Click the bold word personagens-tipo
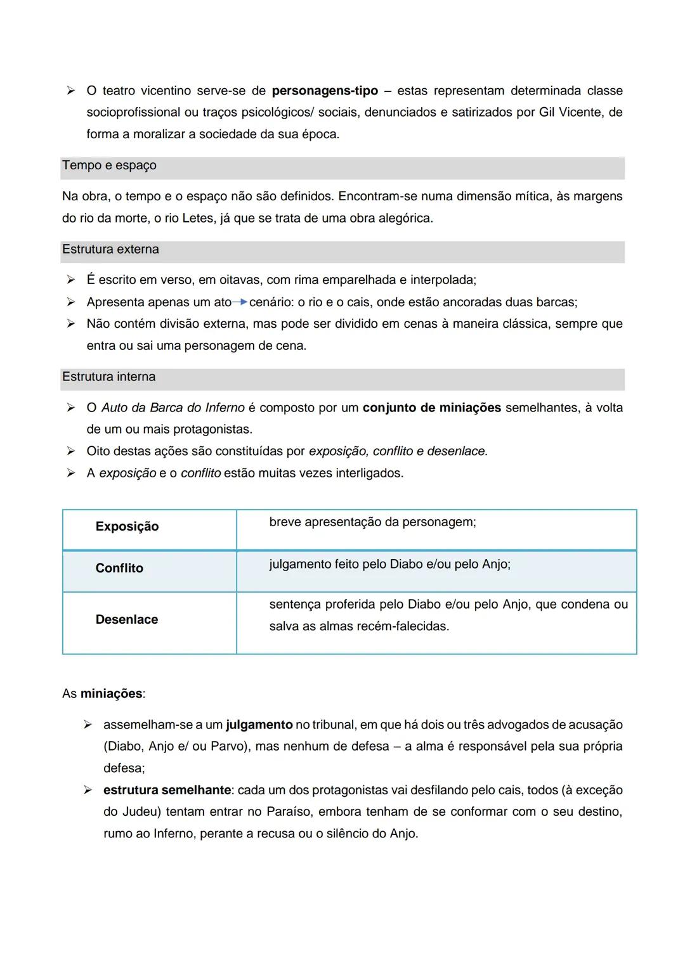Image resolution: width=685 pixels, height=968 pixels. pos(324,91)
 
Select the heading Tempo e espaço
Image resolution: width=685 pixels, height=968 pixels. pos(109,165)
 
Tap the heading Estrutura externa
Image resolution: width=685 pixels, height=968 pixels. pos(110,250)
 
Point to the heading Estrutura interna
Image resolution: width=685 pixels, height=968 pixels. pos(108,377)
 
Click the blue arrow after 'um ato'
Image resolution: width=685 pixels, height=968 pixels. pos(240,302)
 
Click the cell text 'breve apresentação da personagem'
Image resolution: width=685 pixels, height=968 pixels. pos(372,522)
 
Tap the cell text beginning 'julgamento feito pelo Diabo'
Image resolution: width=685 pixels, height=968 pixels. pos(389,564)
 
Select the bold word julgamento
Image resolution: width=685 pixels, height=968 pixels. pos(259,725)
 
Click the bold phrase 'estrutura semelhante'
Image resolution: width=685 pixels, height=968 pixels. pos(167,791)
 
